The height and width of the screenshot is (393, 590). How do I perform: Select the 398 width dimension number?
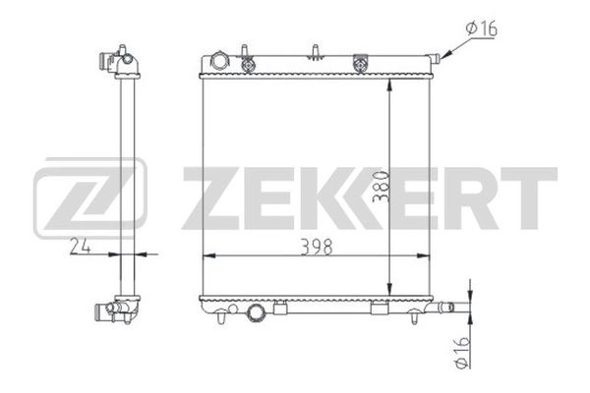pyautogui.click(x=316, y=248)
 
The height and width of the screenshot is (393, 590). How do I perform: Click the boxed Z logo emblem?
pyautogui.click(x=89, y=197)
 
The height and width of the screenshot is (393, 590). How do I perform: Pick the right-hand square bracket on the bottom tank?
pyautogui.click(x=377, y=311)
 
